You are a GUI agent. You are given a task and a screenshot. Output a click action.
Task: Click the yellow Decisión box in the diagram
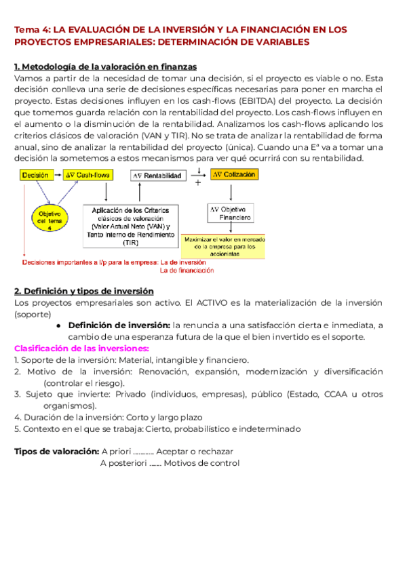pyautogui.click(x=35, y=175)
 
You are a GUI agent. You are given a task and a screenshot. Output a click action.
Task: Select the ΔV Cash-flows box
pyautogui.click(x=89, y=175)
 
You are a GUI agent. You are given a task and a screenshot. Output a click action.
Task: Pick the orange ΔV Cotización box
pyautogui.click(x=234, y=175)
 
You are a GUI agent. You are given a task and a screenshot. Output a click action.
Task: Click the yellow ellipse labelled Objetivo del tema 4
pyautogui.click(x=49, y=219)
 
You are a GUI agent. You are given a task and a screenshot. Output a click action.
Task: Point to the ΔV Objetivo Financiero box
pyautogui.click(x=231, y=212)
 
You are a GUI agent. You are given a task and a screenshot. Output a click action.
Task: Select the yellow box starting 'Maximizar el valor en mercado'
pyautogui.click(x=225, y=245)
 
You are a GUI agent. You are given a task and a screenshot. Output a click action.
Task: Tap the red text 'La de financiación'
pyautogui.click(x=187, y=270)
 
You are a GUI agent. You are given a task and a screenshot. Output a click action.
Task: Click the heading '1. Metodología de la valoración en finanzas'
pyautogui.click(x=106, y=66)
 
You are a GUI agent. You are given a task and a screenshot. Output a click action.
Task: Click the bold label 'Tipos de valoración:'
pyautogui.click(x=56, y=452)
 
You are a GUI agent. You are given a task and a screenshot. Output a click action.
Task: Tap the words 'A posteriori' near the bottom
pyautogui.click(x=123, y=463)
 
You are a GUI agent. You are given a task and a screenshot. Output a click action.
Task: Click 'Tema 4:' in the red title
pyautogui.click(x=32, y=31)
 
